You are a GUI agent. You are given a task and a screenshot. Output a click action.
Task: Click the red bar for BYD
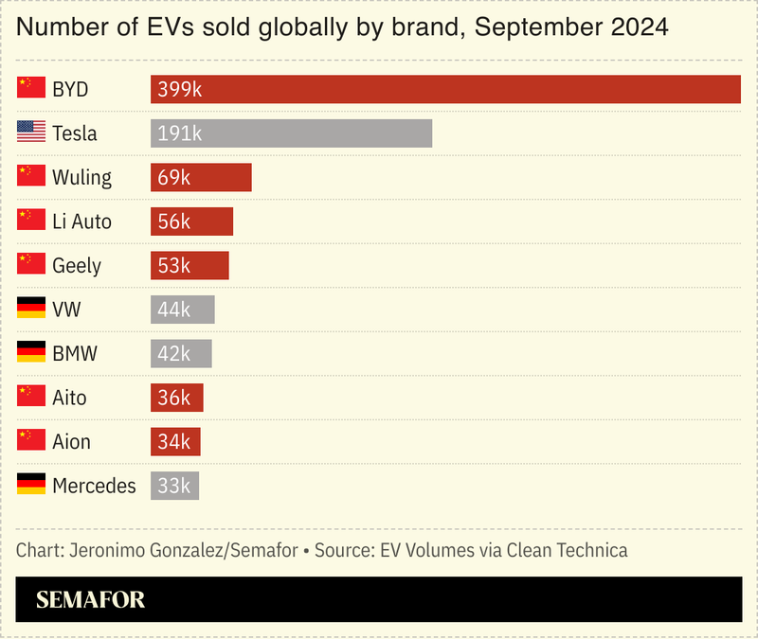pyautogui.click(x=445, y=89)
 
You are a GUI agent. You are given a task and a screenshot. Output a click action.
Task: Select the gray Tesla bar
pyautogui.click(x=291, y=133)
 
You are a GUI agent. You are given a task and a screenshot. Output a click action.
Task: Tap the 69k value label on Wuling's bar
pyautogui.click(x=174, y=178)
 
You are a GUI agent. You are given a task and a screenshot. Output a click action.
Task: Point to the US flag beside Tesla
pyautogui.click(x=31, y=133)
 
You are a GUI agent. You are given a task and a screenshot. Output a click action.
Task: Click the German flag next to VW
pyautogui.click(x=31, y=310)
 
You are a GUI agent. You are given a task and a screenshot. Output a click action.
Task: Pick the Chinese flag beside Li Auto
pyautogui.click(x=31, y=222)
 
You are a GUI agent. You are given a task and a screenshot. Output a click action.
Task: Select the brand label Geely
pyautogui.click(x=77, y=266)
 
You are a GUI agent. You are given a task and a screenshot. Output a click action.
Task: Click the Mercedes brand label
pyautogui.click(x=94, y=487)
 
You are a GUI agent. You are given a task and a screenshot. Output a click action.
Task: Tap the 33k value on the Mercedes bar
pyautogui.click(x=174, y=487)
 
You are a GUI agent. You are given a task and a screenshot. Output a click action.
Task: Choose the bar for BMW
pyautogui.click(x=181, y=354)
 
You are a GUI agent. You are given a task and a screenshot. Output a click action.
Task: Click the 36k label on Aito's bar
pyautogui.click(x=174, y=399)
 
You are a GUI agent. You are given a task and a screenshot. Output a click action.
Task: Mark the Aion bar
pyautogui.click(x=175, y=442)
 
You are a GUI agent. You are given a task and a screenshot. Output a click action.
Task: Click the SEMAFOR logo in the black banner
pyautogui.click(x=90, y=600)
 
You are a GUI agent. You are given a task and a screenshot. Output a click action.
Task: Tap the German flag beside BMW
pyautogui.click(x=31, y=354)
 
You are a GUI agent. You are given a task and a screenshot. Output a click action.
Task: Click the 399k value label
pyautogui.click(x=180, y=90)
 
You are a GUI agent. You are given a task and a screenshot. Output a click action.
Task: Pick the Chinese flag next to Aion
pyautogui.click(x=31, y=442)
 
